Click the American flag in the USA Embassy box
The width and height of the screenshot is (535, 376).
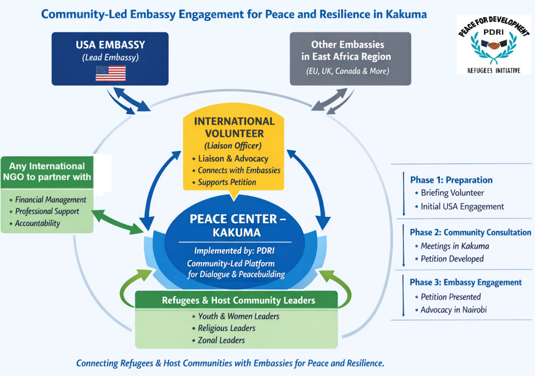(110, 73)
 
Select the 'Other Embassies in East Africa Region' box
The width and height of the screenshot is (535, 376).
(351, 58)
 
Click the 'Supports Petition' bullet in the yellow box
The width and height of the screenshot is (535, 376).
(227, 182)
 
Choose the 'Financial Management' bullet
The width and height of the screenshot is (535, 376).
(51, 199)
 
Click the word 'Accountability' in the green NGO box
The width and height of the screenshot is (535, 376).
(38, 223)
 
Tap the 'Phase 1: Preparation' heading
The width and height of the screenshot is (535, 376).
(451, 180)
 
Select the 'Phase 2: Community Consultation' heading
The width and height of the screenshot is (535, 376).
(470, 232)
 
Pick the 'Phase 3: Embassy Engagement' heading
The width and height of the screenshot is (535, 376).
(466, 282)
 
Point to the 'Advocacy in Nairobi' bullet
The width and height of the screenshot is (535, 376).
(453, 310)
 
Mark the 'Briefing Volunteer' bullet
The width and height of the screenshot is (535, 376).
(445, 193)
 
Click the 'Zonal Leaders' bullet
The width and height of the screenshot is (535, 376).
(222, 340)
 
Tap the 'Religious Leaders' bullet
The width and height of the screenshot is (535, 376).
(227, 328)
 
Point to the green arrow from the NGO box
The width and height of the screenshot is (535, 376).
(118, 221)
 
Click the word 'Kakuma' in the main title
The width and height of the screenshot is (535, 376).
(406, 14)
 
